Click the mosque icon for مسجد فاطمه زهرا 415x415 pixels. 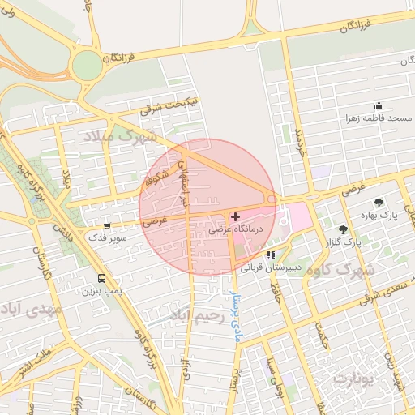379,105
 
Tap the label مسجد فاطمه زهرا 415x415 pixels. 379,118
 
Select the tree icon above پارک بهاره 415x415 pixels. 379,203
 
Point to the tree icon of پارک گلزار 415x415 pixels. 343,229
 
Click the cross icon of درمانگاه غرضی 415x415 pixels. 235,216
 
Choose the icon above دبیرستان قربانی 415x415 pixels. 271,255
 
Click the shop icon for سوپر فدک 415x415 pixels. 106,226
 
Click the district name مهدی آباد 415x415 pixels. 32,309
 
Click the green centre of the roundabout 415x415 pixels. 84,66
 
